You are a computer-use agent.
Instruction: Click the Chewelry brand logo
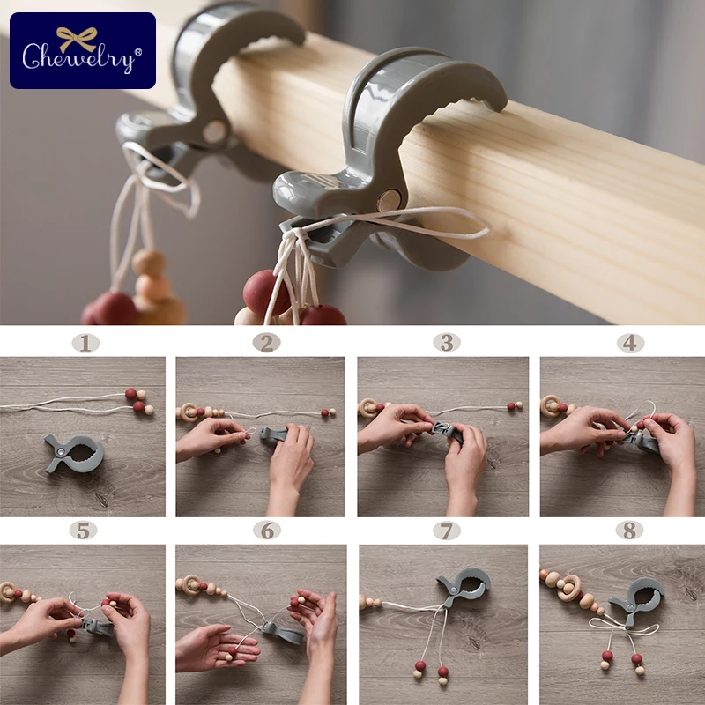click(x=83, y=50)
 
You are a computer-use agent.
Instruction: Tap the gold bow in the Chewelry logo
click(x=77, y=39)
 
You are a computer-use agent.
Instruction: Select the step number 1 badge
click(x=85, y=344)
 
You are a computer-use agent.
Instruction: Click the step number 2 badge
click(x=267, y=343)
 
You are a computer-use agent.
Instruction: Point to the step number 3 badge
click(x=447, y=343)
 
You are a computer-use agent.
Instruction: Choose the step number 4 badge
click(x=630, y=343)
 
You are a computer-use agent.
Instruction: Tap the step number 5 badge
click(x=84, y=531)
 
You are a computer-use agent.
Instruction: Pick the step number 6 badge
click(x=267, y=531)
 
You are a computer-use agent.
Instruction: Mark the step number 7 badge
click(x=447, y=531)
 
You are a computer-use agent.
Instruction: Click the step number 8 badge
click(x=629, y=531)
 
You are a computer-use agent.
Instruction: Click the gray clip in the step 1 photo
click(x=75, y=453)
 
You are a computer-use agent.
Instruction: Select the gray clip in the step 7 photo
click(x=464, y=585)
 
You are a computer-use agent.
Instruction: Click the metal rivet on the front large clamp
click(x=388, y=200)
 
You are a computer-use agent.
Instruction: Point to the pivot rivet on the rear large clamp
click(x=214, y=131)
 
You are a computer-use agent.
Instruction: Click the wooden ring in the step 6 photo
click(x=191, y=584)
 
